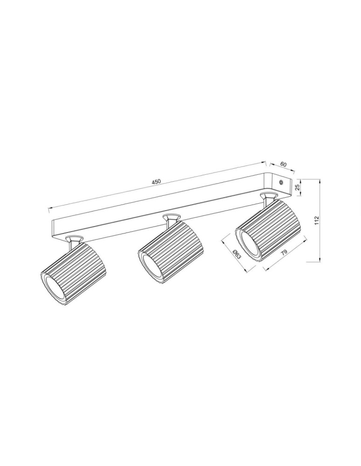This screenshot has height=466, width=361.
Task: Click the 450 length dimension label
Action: pyautogui.click(x=156, y=182)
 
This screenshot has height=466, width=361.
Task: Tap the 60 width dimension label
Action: pyautogui.click(x=283, y=164)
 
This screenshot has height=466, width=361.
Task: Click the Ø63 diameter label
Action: pyautogui.click(x=236, y=254)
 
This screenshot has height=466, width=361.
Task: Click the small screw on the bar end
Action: pyautogui.click(x=281, y=183)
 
